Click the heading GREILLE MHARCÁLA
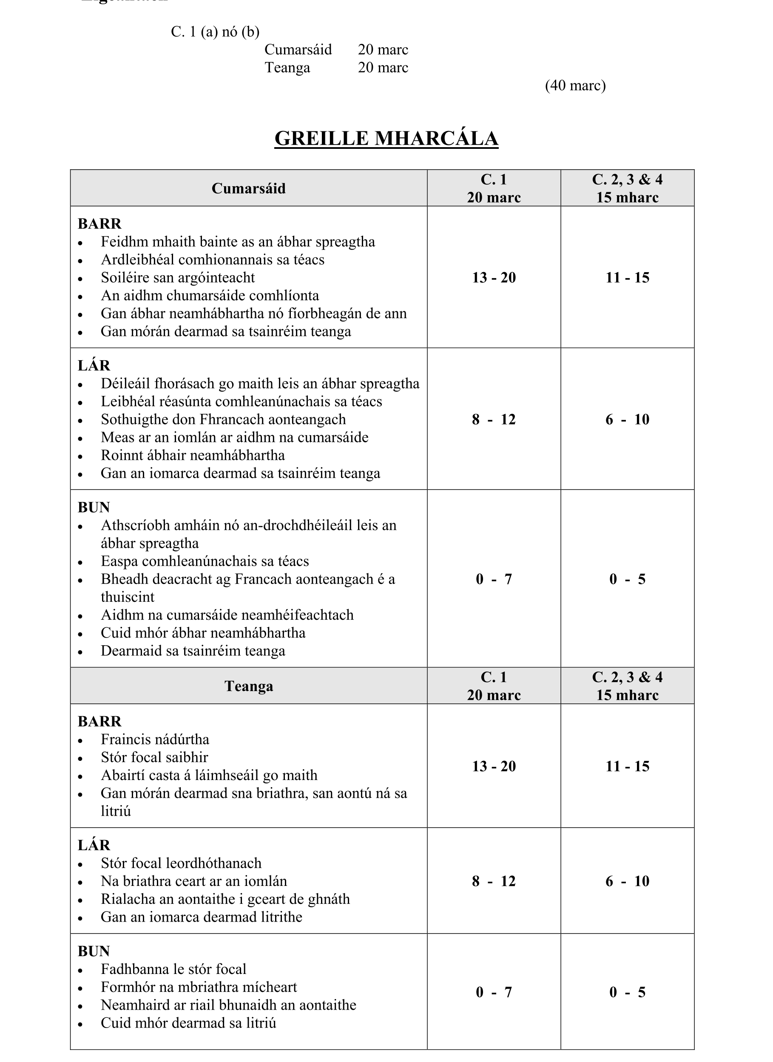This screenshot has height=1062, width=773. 386,139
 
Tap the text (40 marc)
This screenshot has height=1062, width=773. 575,85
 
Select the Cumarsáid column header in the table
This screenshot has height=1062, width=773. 248,188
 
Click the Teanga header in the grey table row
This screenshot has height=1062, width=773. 248,686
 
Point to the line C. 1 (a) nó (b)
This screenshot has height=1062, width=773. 215,32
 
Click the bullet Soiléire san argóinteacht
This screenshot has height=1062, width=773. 177,277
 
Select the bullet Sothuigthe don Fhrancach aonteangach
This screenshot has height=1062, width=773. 223,419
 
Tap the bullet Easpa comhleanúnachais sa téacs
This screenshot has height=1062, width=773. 205,561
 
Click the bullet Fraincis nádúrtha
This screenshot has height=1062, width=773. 154,739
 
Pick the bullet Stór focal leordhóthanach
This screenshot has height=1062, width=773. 181,863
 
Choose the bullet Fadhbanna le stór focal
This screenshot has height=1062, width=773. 173,969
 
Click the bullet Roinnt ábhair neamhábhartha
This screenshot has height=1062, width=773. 193,455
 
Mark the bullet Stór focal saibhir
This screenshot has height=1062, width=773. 154,757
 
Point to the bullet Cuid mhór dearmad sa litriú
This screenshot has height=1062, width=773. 188,1023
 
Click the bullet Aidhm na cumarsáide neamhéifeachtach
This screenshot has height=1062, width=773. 227,615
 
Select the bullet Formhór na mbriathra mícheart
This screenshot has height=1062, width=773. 199,987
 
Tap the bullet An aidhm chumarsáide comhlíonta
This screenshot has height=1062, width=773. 210,296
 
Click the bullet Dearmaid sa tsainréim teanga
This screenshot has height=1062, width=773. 193,651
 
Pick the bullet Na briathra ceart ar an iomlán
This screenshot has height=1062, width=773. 193,881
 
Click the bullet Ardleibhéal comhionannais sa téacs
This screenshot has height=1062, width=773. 213,259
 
